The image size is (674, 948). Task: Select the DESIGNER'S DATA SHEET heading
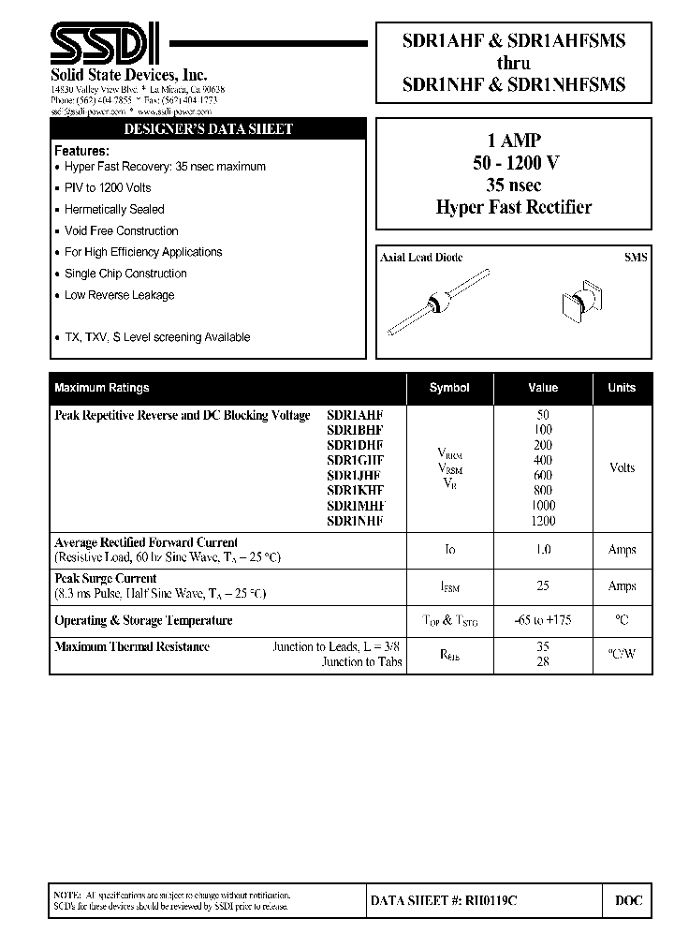[x=207, y=129]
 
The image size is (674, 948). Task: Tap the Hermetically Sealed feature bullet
[x=114, y=209]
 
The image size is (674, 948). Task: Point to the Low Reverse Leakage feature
[x=119, y=295]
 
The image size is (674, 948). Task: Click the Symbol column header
[x=449, y=388]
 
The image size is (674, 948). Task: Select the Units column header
[x=622, y=388]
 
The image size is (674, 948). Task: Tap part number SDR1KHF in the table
[x=355, y=490]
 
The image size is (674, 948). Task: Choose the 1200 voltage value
[x=542, y=521]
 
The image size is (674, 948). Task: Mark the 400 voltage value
[x=542, y=460]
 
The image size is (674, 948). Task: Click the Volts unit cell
[x=622, y=467]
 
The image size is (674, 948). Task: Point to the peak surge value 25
[x=542, y=585]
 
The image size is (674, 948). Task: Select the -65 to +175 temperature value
[x=543, y=620]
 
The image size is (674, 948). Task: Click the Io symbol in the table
[x=449, y=550]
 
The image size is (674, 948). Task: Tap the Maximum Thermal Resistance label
[x=132, y=647]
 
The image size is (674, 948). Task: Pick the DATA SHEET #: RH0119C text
[x=444, y=900]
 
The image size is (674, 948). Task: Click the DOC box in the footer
[x=628, y=900]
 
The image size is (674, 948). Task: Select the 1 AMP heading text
[x=515, y=141]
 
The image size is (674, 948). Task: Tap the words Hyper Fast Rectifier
[x=514, y=207]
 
